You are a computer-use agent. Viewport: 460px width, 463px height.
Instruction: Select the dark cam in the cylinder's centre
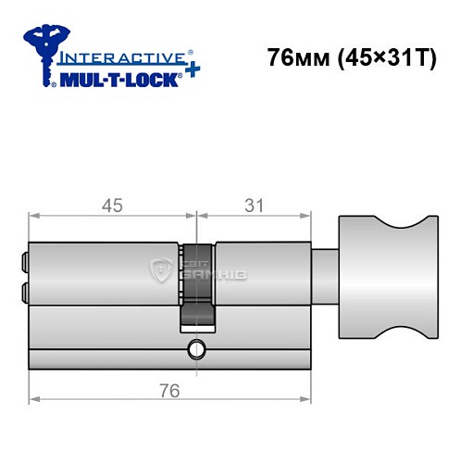(x=197, y=282)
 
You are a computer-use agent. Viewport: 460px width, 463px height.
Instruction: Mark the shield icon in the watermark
(x=157, y=270)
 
